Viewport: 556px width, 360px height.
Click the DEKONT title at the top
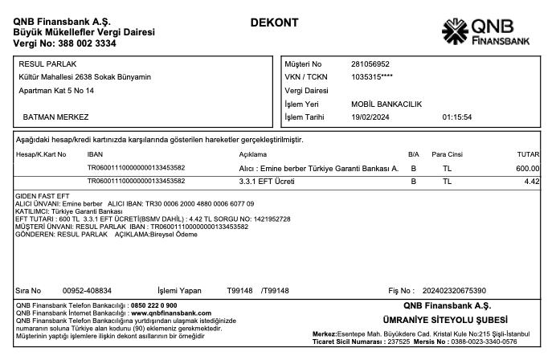coord(275,22)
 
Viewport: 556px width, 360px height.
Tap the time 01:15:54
coord(457,117)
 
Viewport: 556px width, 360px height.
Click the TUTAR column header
coord(527,153)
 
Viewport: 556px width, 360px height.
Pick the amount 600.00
coord(528,168)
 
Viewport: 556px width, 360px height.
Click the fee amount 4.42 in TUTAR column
coord(531,182)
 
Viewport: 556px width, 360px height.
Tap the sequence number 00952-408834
coord(87,290)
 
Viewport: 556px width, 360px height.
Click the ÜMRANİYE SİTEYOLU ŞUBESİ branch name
coord(436,320)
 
